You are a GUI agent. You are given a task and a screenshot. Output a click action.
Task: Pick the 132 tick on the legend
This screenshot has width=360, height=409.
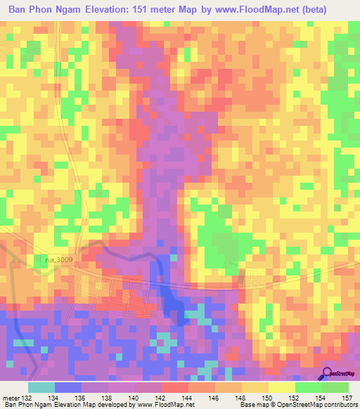[x=28, y=398]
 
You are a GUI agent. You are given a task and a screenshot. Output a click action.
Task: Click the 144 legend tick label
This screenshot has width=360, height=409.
[x=188, y=398]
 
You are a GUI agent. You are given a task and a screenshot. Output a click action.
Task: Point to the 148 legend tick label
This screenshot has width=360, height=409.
[x=242, y=398]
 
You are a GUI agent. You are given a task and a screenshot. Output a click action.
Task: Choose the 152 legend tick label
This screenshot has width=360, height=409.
[x=295, y=398]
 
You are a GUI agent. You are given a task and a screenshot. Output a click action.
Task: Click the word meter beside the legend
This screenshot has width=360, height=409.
[x=11, y=398]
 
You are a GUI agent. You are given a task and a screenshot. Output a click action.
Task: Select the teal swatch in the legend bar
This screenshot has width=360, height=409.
[x=41, y=387]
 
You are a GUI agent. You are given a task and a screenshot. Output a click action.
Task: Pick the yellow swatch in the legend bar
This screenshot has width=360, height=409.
[x=282, y=387]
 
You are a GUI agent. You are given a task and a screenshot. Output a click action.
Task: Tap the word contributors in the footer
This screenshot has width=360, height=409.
[x=337, y=405]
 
